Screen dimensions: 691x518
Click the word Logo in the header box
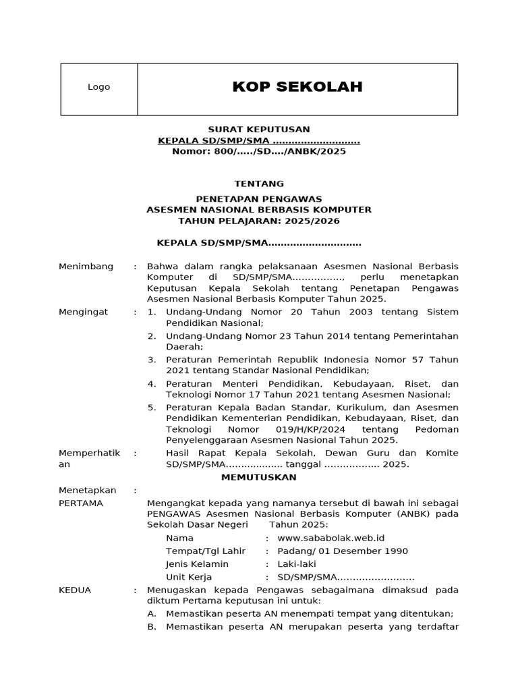point(99,87)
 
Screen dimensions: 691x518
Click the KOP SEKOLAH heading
point(297,86)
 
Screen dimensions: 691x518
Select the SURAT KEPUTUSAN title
point(258,129)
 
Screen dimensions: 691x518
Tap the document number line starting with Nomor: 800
point(259,151)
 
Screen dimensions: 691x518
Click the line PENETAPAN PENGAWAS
point(259,198)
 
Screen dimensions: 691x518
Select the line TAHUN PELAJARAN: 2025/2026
point(259,221)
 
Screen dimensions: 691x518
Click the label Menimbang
point(86,267)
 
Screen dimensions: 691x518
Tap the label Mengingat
point(84,312)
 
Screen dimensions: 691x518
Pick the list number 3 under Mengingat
point(152,359)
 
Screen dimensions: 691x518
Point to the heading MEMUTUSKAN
point(260,477)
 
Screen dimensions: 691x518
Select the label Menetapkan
point(88,490)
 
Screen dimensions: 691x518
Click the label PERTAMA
point(81,503)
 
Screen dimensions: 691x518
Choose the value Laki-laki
point(296,563)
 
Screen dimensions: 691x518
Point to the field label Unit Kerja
point(189,577)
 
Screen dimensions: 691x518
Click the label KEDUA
point(75,590)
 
